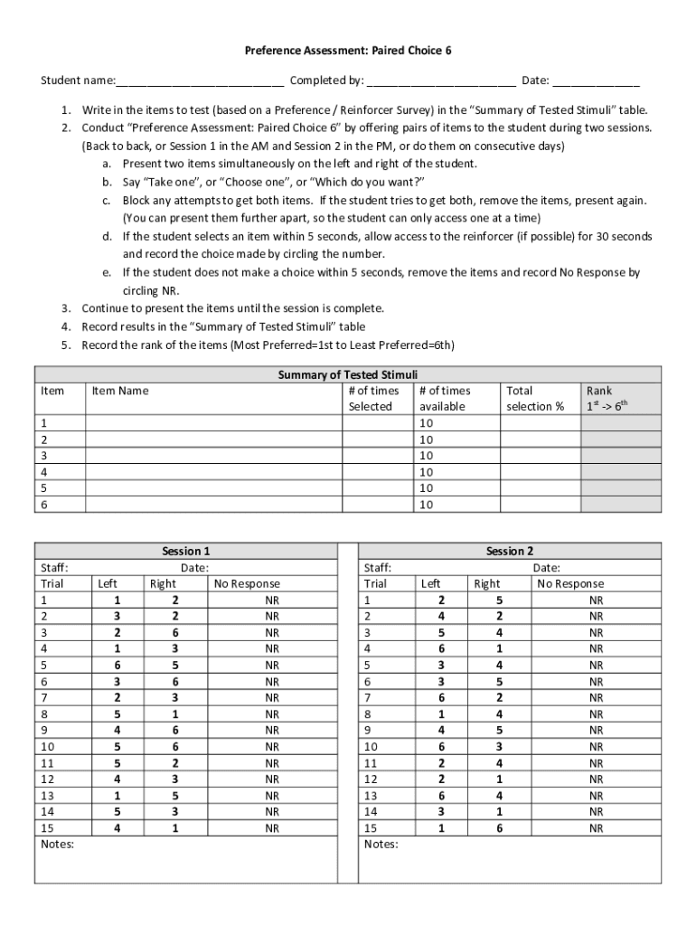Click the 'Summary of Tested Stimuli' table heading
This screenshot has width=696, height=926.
pyautogui.click(x=347, y=374)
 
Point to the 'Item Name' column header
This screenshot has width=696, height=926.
pyautogui.click(x=120, y=391)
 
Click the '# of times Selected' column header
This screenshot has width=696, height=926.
pyautogui.click(x=373, y=399)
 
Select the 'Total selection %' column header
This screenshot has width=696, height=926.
pyautogui.click(x=534, y=399)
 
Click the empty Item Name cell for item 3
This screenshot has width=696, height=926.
pyautogui.click(x=213, y=456)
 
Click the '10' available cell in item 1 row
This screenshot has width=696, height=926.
pyautogui.click(x=427, y=423)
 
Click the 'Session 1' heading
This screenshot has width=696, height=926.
pyautogui.click(x=185, y=551)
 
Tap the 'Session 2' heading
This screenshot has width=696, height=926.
pyautogui.click(x=510, y=551)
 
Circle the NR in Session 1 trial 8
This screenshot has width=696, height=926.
pyautogui.click(x=272, y=713)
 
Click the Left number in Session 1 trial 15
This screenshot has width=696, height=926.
pyautogui.click(x=116, y=827)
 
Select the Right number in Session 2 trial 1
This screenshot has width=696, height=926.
pyautogui.click(x=499, y=600)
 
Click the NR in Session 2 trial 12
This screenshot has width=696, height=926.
pyautogui.click(x=596, y=779)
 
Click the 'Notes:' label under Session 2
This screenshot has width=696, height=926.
pyautogui.click(x=381, y=845)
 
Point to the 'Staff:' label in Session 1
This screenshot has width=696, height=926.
pyautogui.click(x=55, y=567)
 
